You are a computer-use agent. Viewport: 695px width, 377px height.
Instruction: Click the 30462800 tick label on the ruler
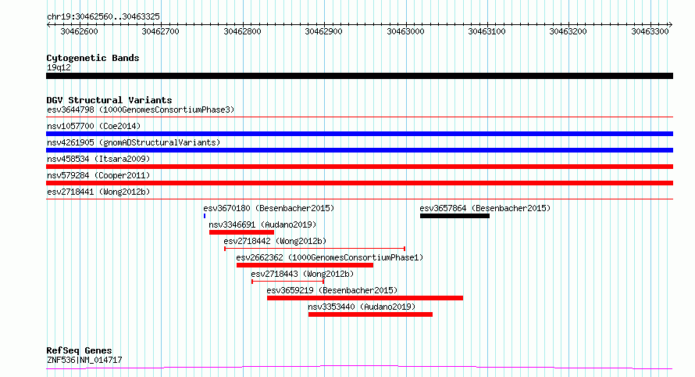click(x=242, y=31)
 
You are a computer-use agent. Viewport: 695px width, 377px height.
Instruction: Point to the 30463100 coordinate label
click(x=486, y=31)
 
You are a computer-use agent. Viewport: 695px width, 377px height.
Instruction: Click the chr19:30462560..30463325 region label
click(x=103, y=17)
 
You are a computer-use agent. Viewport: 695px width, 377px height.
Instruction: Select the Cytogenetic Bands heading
click(x=93, y=58)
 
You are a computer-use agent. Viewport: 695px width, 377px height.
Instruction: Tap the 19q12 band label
click(x=59, y=67)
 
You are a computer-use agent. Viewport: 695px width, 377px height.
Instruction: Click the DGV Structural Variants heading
click(x=109, y=100)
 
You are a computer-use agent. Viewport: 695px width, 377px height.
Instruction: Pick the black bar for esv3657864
click(x=454, y=216)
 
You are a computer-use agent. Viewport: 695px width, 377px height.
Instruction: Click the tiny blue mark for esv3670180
click(x=205, y=216)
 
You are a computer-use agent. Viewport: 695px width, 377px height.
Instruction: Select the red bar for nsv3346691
click(x=241, y=232)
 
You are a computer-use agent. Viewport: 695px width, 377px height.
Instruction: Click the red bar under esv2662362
click(x=305, y=266)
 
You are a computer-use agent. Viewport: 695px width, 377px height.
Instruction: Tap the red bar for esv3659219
click(x=365, y=299)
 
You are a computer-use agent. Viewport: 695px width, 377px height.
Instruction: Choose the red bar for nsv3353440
click(x=370, y=315)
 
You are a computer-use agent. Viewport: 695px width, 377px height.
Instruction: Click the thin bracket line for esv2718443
click(x=287, y=282)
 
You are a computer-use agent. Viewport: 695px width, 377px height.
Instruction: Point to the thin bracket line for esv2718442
click(x=315, y=249)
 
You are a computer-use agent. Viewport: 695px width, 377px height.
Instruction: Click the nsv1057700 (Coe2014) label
click(x=94, y=126)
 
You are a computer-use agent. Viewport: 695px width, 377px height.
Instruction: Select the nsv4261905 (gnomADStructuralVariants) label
click(x=134, y=142)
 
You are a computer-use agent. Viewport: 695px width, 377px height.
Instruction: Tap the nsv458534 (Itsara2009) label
click(x=98, y=159)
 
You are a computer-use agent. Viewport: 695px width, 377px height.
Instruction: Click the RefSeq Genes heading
click(x=79, y=350)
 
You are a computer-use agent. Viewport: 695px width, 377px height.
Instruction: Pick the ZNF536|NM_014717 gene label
click(x=84, y=360)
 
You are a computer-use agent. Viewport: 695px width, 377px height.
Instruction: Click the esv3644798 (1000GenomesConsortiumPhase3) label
click(x=141, y=110)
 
